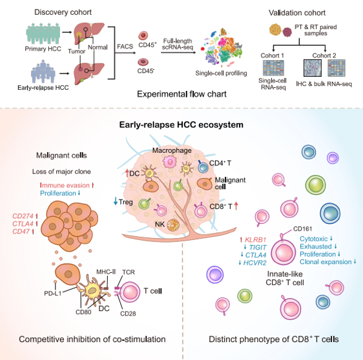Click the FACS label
coord(125,46)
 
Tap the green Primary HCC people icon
coord(43,34)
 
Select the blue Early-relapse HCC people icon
coord(43,72)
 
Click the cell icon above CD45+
coord(143,36)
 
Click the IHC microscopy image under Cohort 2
coord(313,68)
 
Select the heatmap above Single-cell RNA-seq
coord(273,68)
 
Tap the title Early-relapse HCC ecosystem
coord(181,125)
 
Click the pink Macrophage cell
coord(170,162)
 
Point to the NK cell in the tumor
coord(173,225)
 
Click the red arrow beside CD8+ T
coord(236,206)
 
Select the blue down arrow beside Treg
coord(116,201)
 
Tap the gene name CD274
coord(23,216)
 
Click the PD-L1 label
coord(53,294)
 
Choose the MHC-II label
coord(106,272)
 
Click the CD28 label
coord(128,314)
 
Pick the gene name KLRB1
coord(255,240)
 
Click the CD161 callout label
coord(302,229)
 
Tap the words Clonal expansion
coord(326,262)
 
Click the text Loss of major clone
coord(61,172)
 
